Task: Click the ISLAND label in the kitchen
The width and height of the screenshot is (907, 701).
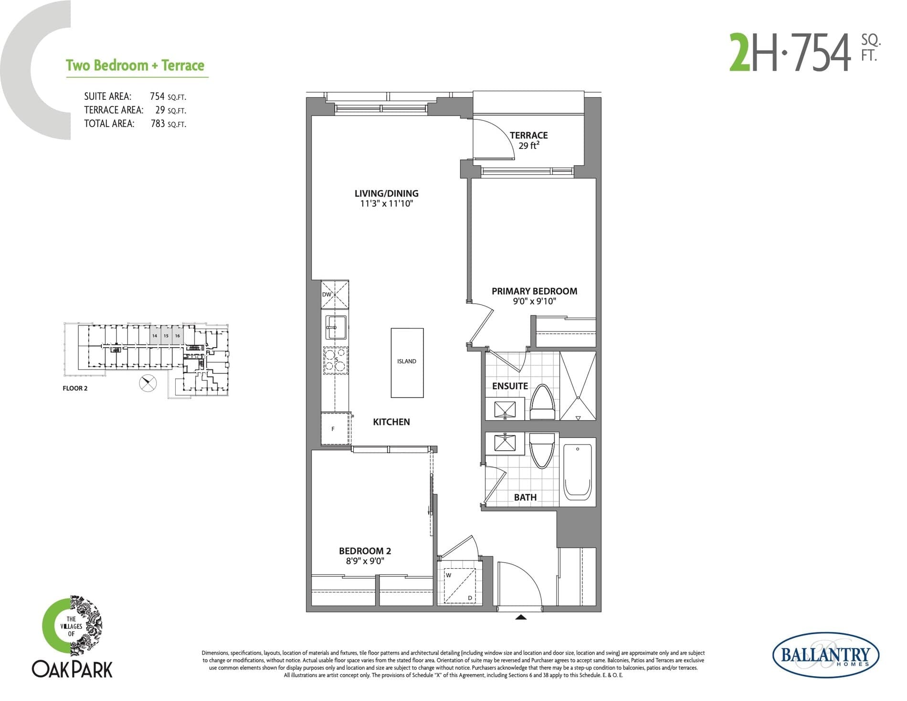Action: tap(406, 361)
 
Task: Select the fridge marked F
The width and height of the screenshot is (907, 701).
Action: tap(335, 429)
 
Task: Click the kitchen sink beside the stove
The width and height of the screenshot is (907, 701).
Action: tap(336, 327)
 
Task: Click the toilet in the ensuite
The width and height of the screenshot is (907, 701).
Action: tap(542, 404)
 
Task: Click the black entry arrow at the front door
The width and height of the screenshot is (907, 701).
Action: tap(521, 617)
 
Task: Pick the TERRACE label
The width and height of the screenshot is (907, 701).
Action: tap(528, 136)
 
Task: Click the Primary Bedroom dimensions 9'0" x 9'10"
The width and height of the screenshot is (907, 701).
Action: tap(534, 301)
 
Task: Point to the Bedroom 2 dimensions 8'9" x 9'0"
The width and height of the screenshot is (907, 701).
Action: tap(365, 561)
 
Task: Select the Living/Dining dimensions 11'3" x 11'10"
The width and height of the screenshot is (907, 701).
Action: tap(386, 204)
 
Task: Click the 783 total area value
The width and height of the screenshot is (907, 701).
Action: tap(158, 124)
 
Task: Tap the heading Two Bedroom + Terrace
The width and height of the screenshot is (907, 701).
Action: tap(135, 65)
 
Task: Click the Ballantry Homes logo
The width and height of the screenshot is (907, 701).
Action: tap(825, 655)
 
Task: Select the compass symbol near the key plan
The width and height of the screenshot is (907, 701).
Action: tap(148, 383)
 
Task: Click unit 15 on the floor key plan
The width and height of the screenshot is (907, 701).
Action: tap(166, 336)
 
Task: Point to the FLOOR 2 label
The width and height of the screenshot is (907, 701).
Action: tap(75, 388)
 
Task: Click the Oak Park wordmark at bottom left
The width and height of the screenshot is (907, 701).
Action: tap(72, 669)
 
